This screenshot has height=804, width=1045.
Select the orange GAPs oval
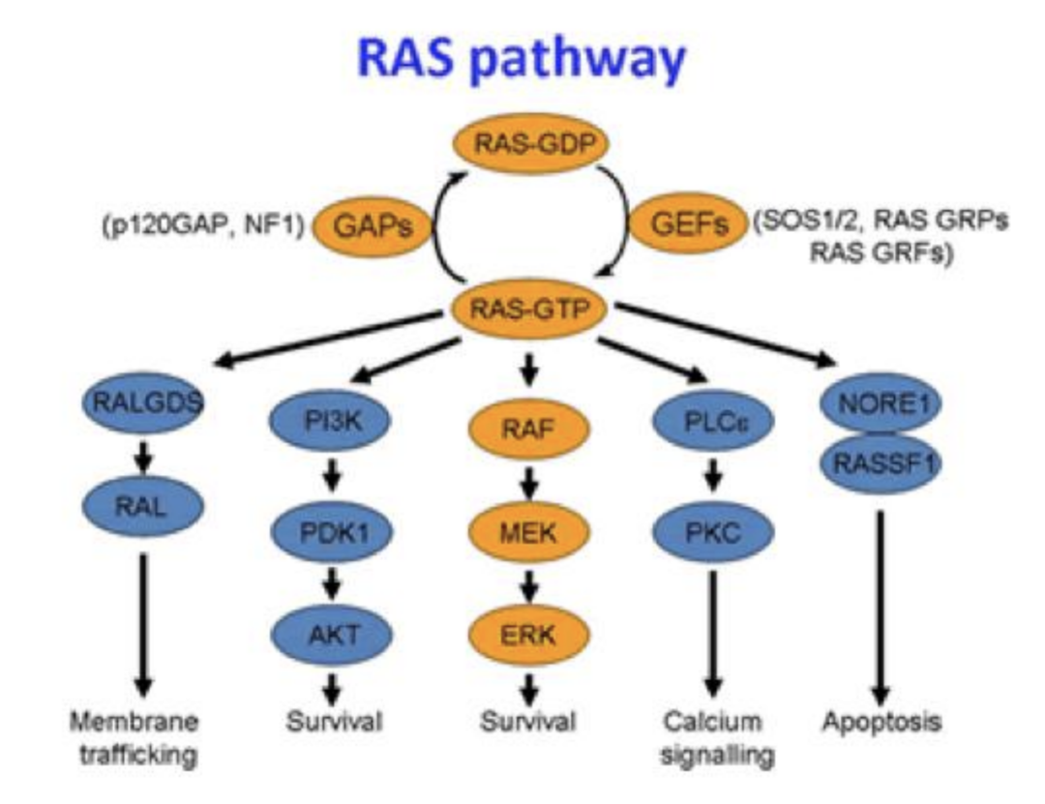click(373, 226)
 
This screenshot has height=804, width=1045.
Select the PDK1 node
click(331, 529)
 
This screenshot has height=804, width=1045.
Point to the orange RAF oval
click(527, 428)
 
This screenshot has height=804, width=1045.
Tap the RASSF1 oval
click(879, 462)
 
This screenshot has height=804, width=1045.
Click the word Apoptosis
click(881, 722)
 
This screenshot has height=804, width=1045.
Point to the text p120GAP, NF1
click(201, 227)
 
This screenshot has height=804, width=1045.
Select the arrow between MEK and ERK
click(528, 582)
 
